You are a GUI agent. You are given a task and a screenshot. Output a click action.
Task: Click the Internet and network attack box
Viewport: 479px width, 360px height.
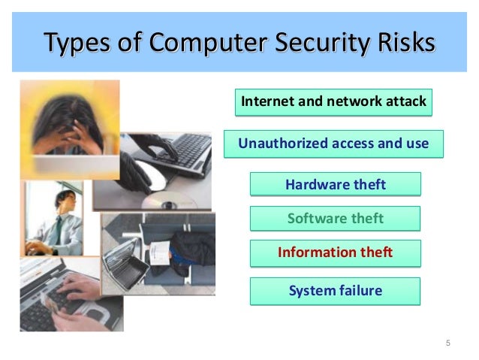pyautogui.click(x=333, y=101)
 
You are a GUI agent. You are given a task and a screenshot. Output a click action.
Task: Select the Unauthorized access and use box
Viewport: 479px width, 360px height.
pyautogui.click(x=333, y=143)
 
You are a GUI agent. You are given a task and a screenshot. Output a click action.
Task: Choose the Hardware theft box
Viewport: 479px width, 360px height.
pyautogui.click(x=334, y=184)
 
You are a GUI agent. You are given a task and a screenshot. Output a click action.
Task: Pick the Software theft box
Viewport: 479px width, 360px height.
pyautogui.click(x=334, y=219)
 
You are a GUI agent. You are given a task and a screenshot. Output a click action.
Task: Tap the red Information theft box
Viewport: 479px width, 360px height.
pyautogui.click(x=334, y=253)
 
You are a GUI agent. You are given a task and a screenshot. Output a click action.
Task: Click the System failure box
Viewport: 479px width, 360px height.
pyautogui.click(x=334, y=290)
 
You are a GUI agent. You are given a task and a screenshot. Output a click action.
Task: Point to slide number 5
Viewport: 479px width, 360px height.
pyautogui.click(x=448, y=343)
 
